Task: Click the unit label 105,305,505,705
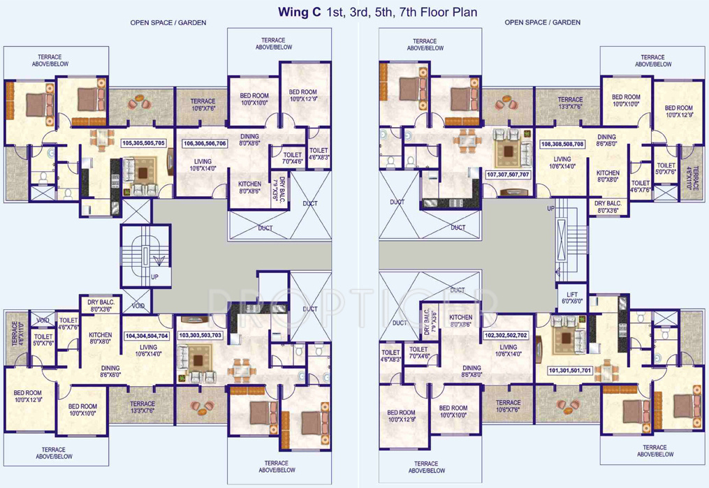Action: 143,142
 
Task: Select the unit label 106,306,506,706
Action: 205,143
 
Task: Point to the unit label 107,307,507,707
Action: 508,174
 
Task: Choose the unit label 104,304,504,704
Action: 147,336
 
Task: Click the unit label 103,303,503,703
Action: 200,336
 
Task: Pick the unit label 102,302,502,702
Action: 506,336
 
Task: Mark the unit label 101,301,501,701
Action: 570,370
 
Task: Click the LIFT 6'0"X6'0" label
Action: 571,297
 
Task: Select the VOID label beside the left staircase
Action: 138,306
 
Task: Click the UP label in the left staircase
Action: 155,276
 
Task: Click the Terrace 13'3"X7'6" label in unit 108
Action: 570,103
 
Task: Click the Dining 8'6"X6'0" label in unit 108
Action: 606,140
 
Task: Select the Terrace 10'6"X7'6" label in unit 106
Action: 203,105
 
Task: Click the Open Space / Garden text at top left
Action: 168,22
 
